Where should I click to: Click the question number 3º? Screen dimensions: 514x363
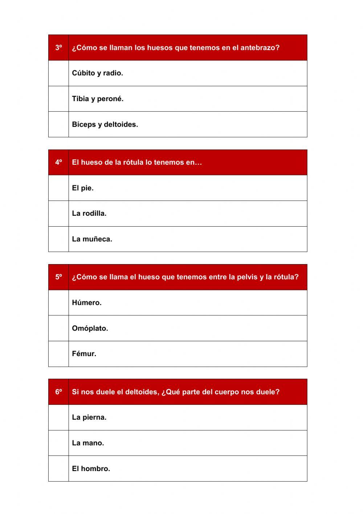click(x=58, y=48)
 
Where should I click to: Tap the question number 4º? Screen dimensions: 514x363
click(x=58, y=162)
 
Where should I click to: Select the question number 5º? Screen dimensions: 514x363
click(x=58, y=277)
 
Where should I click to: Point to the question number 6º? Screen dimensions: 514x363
click(x=58, y=392)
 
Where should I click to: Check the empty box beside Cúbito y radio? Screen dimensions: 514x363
click(x=58, y=73)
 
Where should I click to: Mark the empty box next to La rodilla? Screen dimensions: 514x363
click(x=58, y=214)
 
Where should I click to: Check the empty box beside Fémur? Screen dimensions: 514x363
click(x=58, y=354)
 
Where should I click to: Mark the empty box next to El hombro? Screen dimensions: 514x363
click(x=58, y=469)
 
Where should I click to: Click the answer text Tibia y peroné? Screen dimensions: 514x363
click(x=98, y=99)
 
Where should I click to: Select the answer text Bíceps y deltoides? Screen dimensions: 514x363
click(x=105, y=124)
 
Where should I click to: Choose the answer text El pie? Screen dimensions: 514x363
click(x=82, y=188)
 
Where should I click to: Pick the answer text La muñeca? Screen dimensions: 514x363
click(x=92, y=239)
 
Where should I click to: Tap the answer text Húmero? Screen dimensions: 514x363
click(x=87, y=303)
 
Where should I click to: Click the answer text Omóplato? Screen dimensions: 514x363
click(x=90, y=328)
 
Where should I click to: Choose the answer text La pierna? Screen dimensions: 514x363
click(x=89, y=417)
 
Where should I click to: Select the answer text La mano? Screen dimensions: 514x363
click(x=88, y=443)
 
